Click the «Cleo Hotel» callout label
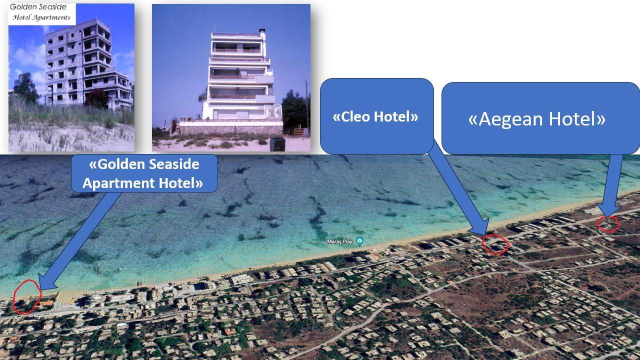(376, 116)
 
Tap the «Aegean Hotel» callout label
(540, 118)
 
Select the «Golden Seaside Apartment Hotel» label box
(144, 173)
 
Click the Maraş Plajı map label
(339, 241)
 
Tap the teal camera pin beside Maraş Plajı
(359, 241)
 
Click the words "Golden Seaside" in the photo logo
(38, 7)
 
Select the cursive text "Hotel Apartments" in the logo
(41, 17)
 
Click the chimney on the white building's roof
(262, 30)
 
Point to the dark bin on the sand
(277, 144)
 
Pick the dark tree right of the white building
(294, 111)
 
